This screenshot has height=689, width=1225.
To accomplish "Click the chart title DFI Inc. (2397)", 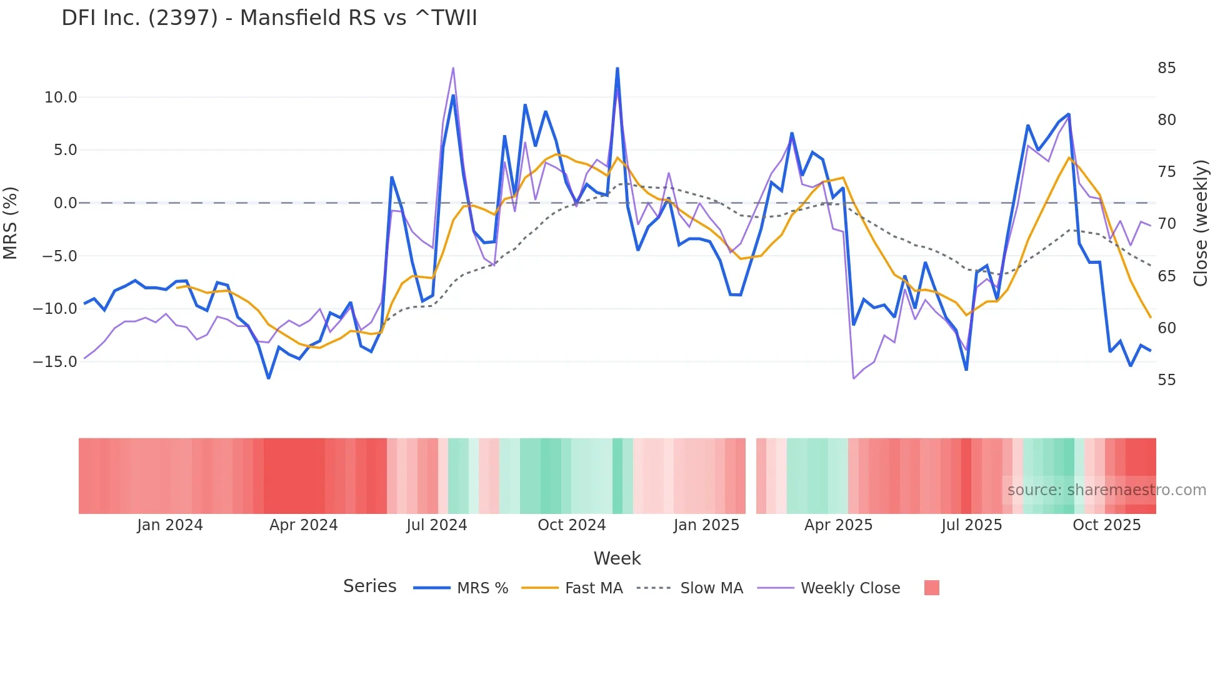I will (269, 18).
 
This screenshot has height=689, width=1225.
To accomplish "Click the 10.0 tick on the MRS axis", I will (61, 98).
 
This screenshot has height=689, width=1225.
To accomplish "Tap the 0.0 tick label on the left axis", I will (65, 203).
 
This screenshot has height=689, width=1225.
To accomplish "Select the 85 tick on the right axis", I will (1166, 68).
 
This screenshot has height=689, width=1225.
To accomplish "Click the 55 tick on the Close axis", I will (1166, 380).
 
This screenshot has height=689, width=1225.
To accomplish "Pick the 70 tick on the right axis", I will (1166, 224).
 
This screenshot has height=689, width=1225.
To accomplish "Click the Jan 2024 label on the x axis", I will (170, 525).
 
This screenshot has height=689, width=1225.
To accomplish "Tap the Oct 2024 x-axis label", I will (571, 525).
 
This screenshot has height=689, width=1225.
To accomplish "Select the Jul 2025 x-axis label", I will (971, 525).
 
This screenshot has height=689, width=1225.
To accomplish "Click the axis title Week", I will (617, 558).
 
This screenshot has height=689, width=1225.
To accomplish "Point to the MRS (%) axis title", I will (11, 223).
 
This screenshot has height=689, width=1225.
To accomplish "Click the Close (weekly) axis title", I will (1201, 223).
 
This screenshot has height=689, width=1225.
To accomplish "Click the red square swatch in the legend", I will (931, 588).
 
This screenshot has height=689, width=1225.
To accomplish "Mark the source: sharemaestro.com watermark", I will (1106, 490).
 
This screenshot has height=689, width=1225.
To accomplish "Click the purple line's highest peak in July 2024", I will (453, 68).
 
